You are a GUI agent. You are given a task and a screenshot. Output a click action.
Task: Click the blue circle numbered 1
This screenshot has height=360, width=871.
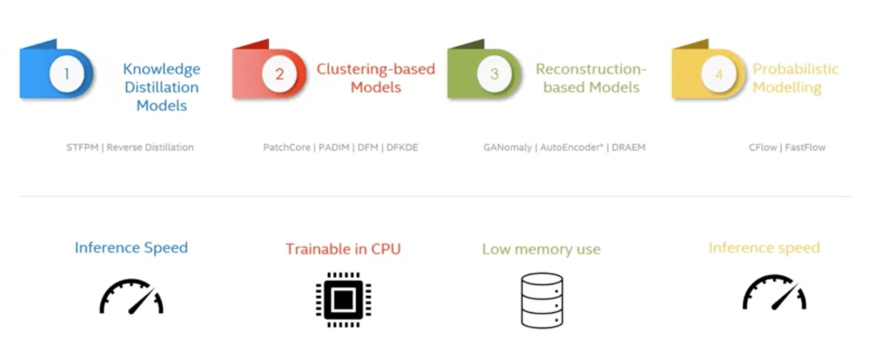click(66, 74)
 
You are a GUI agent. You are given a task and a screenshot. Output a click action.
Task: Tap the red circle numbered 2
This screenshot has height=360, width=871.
click(279, 74)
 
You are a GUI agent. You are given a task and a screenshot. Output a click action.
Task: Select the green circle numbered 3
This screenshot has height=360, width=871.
click(494, 74)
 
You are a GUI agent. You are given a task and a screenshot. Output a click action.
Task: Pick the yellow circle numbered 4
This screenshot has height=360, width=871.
click(719, 74)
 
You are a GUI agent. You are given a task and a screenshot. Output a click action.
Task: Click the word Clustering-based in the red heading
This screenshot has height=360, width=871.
click(376, 69)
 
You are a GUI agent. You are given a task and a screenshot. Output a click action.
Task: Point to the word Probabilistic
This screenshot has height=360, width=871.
click(796, 69)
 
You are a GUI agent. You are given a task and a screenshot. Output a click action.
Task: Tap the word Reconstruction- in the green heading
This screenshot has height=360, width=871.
click(591, 69)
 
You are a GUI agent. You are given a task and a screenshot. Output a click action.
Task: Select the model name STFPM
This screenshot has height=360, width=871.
click(82, 148)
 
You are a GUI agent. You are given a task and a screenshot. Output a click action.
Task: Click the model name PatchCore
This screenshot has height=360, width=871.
click(287, 148)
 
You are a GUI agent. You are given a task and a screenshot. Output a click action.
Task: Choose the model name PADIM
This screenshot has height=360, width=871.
click(334, 148)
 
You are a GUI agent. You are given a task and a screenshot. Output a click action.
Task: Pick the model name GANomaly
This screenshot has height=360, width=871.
click(507, 148)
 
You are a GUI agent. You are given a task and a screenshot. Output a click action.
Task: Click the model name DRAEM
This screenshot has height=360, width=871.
click(628, 148)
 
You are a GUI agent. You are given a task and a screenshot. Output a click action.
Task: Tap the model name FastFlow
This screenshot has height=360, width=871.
click(805, 148)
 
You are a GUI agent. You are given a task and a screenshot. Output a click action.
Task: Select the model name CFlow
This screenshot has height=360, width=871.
click(763, 148)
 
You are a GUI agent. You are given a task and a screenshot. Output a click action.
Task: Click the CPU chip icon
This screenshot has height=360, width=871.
click(343, 300)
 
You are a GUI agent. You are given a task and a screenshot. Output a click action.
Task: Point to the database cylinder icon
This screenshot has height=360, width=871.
click(542, 300)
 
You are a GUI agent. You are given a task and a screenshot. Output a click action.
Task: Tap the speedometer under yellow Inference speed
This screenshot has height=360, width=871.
click(774, 292)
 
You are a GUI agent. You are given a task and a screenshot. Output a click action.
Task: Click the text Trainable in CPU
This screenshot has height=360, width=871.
click(343, 249)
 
